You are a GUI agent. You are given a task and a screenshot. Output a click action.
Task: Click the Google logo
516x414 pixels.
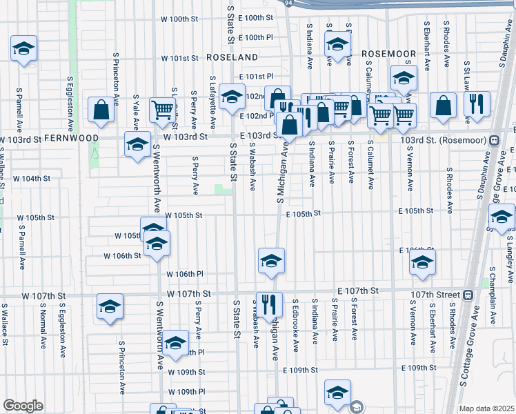[23, 406]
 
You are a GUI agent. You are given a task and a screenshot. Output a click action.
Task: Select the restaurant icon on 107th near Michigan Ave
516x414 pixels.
[269, 304]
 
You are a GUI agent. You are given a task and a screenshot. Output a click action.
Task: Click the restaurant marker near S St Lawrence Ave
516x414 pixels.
[476, 104]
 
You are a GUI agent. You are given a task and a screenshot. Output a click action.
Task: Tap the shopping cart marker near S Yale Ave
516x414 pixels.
[163, 108]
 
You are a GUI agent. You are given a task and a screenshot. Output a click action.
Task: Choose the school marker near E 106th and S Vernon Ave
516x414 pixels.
[421, 262]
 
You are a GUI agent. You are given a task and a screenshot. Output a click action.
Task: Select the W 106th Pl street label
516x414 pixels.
[184, 274]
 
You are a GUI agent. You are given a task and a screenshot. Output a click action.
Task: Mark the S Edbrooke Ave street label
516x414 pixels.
[295, 319]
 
